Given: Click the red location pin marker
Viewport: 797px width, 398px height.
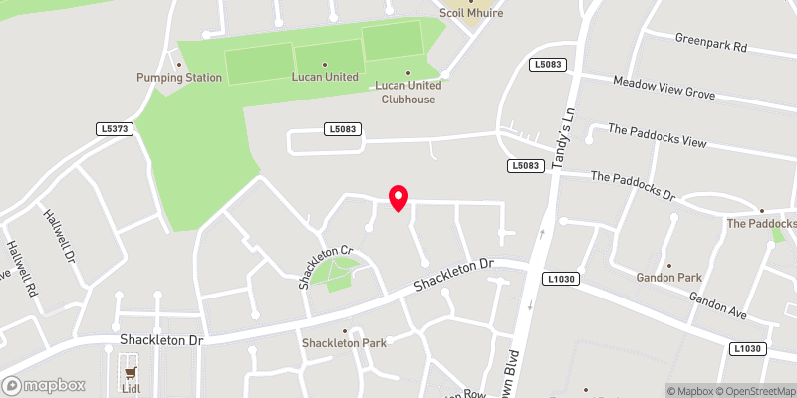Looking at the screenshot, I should coord(398,197).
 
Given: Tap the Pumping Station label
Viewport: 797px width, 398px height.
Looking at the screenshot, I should coord(179,77).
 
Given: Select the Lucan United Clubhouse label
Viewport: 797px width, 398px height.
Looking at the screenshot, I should coord(408,91).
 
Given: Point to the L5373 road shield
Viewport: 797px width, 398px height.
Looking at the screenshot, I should coord(117,129).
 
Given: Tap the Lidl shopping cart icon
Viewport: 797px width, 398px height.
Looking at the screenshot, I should coord(130,373).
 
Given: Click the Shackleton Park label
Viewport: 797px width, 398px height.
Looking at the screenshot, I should coord(344,343).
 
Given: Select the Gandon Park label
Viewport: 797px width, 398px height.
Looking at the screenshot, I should coord(668,279).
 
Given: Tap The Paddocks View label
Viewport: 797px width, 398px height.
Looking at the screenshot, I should coord(657,136).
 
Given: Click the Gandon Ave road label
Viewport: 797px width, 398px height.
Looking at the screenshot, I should coord(717,305).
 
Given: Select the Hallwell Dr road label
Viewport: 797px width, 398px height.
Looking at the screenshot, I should coord(58,234).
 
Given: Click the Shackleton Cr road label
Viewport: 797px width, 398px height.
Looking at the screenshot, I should coord(325,267).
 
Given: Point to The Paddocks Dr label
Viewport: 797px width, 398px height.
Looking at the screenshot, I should coord(633,184).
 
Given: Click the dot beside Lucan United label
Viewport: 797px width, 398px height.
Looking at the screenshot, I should coord(324,64).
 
